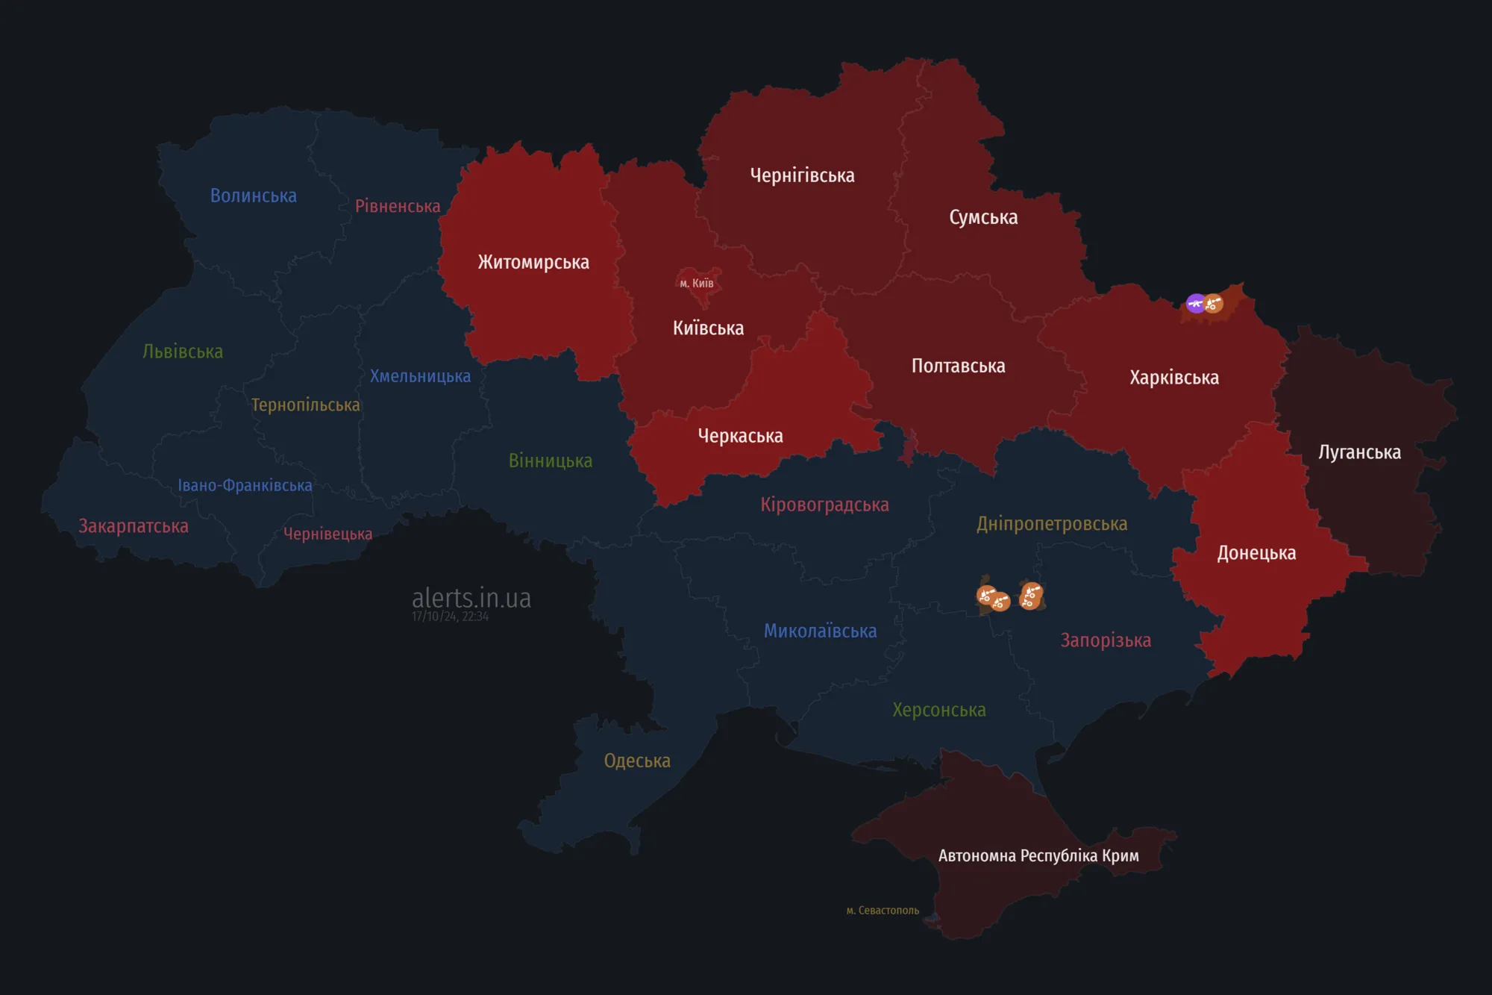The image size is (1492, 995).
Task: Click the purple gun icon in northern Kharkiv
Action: point(1195,303)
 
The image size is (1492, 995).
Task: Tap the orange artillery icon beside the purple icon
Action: point(1214,304)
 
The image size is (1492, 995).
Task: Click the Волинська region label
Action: point(254,196)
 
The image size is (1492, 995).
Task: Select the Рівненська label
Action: point(398,206)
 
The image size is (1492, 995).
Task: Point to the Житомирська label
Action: point(533,262)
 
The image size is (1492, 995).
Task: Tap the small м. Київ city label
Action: point(697,283)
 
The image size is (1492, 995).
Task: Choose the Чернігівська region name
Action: point(802,175)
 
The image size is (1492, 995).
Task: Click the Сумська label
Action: point(983,217)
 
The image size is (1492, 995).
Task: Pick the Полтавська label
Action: point(958,366)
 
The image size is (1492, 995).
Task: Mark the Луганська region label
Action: point(1359,452)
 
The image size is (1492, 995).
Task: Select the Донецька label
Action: point(1256,553)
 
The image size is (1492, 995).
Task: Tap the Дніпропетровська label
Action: point(1052,524)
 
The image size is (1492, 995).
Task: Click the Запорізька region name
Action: point(1106,640)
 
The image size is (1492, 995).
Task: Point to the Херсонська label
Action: point(939,710)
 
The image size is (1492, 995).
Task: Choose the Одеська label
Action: point(637,761)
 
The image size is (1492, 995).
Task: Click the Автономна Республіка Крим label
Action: point(1038,855)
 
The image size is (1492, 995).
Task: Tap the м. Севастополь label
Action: point(883,911)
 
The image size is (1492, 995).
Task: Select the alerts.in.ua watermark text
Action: point(471,598)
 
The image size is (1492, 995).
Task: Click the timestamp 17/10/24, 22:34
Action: point(450,617)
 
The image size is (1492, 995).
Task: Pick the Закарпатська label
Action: point(134,526)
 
